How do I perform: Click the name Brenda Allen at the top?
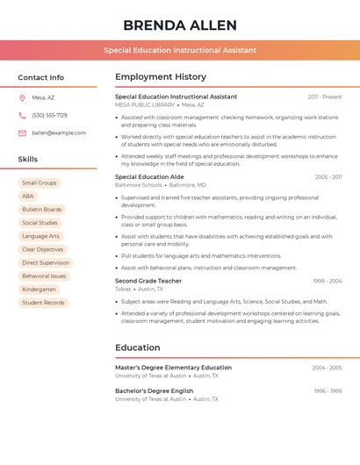tap(179, 25)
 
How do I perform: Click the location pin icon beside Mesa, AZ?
tap(22, 97)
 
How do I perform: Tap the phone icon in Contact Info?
tap(22, 115)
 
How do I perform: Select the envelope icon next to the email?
tap(22, 133)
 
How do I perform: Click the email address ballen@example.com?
tap(59, 133)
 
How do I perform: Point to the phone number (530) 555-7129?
tap(49, 115)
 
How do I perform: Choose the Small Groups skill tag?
tap(39, 182)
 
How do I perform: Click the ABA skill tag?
tap(28, 197)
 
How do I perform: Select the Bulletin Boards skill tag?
tap(42, 210)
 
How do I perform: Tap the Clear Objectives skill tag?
tap(42, 249)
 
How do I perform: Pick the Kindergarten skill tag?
tap(39, 290)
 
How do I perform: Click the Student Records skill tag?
tap(43, 303)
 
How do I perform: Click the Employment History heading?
tap(161, 77)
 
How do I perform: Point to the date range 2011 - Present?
tap(325, 97)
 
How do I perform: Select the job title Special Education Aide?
tap(149, 176)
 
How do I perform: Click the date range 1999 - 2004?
tap(327, 281)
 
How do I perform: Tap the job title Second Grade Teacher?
tap(148, 281)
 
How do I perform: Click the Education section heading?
tap(138, 347)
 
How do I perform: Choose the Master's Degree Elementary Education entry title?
tap(173, 368)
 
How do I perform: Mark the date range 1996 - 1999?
tap(328, 390)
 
